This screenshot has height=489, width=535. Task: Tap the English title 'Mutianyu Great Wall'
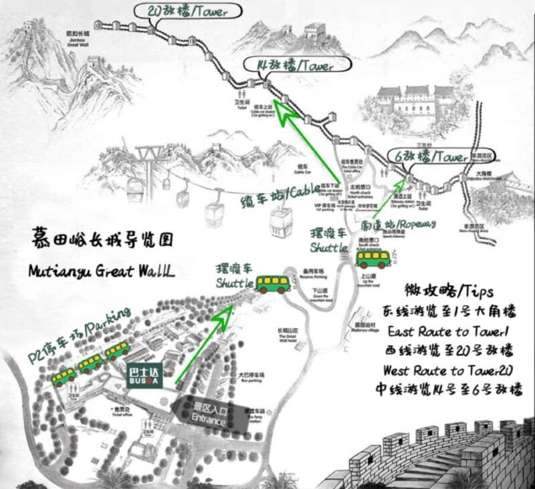pos(101,271)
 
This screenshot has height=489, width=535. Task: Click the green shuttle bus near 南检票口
pos(374,259)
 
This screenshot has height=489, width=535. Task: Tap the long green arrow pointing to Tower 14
pos(307,147)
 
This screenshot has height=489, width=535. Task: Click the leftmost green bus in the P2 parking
pos(65,376)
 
